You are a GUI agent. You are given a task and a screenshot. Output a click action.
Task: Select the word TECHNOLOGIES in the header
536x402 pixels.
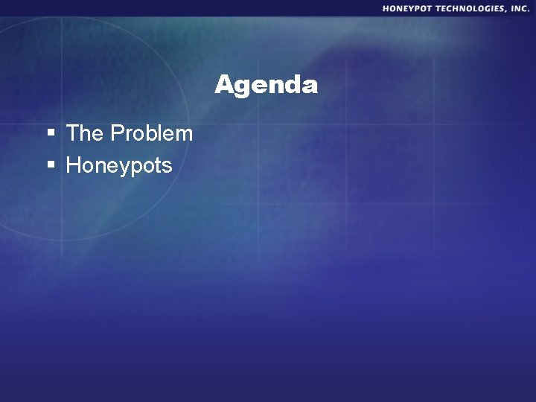tap(470, 8)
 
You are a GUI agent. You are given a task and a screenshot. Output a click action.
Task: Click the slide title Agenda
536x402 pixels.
tap(267, 85)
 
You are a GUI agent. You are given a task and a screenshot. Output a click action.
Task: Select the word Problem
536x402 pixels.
tap(152, 133)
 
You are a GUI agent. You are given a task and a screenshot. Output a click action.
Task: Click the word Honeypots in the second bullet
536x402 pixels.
tap(119, 165)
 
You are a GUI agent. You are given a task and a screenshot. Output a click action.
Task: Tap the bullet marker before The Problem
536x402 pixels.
tap(51, 134)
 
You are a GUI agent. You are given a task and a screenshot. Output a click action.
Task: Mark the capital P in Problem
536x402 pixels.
tap(117, 133)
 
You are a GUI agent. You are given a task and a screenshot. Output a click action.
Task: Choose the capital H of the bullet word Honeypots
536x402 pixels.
tap(73, 165)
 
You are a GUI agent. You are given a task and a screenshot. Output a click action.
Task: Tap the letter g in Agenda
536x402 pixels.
tap(244, 88)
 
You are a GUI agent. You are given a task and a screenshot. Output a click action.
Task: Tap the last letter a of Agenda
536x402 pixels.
tap(310, 86)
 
